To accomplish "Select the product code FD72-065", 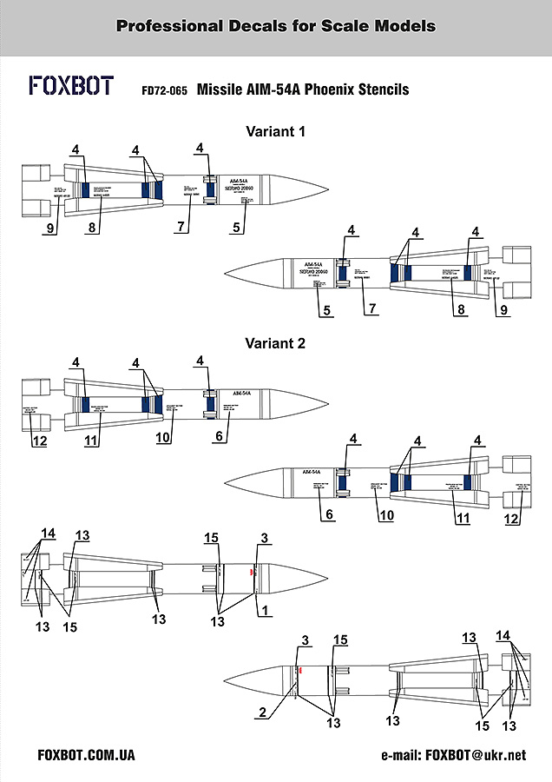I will click(x=165, y=90).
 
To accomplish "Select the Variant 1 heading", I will click(x=276, y=132).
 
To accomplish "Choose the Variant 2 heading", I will click(x=276, y=343).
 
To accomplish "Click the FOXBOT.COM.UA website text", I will click(x=87, y=755).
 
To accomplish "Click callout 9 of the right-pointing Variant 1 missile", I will click(x=51, y=229).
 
